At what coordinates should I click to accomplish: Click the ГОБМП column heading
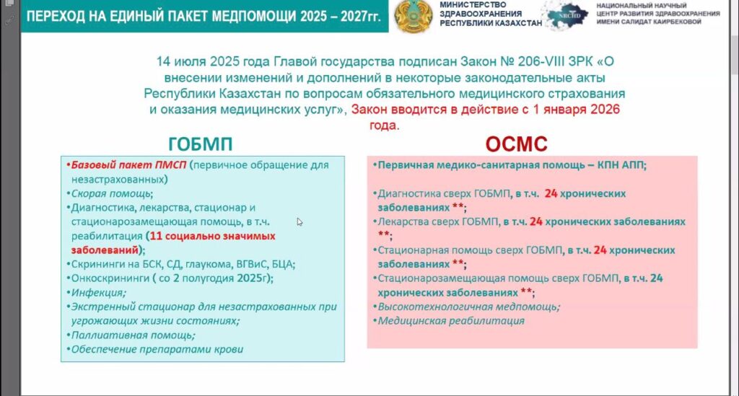pyautogui.click(x=201, y=144)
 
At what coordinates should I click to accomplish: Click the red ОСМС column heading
pyautogui.click(x=517, y=144)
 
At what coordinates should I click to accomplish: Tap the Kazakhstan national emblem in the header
pyautogui.click(x=414, y=17)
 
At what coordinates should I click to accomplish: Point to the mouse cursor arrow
pyautogui.click(x=299, y=221)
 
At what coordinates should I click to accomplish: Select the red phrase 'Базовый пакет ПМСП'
pyautogui.click(x=128, y=164)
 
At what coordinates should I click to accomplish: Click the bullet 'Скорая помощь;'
pyautogui.click(x=112, y=193)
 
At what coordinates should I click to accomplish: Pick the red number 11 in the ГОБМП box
pyautogui.click(x=156, y=236)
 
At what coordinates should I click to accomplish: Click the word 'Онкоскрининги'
pyautogui.click(x=110, y=278)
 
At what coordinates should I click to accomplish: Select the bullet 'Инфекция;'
pyautogui.click(x=98, y=292)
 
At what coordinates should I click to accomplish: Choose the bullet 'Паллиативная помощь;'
pyautogui.click(x=133, y=335)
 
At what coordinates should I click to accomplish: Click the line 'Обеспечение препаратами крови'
pyautogui.click(x=157, y=349)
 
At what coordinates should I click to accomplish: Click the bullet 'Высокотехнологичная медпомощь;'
pyautogui.click(x=469, y=307)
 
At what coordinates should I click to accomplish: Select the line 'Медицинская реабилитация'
pyautogui.click(x=451, y=321)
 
